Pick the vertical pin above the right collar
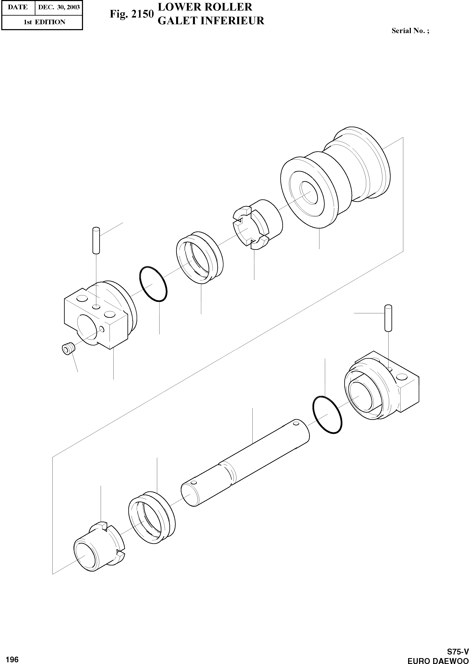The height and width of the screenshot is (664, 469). (x=388, y=318)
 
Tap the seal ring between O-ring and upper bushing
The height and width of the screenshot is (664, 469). (x=200, y=257)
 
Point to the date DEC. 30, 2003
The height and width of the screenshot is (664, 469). (x=59, y=7)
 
